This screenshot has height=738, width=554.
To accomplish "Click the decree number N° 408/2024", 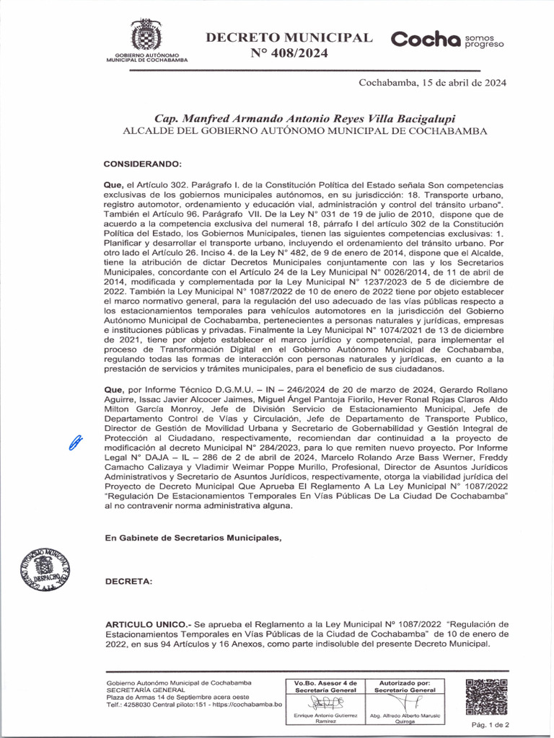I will tap(289, 53).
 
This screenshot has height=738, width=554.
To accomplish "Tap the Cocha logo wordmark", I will tap(426, 40).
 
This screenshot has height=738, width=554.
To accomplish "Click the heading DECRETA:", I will tap(128, 581).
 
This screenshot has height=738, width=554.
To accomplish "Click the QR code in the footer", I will tap(487, 697).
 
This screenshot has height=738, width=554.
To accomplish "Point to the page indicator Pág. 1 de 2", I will tap(490, 724).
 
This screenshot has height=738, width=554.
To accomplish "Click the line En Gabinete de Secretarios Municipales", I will tap(193, 538).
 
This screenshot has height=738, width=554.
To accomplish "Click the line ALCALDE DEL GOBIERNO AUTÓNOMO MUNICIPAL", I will tap(306, 132).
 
